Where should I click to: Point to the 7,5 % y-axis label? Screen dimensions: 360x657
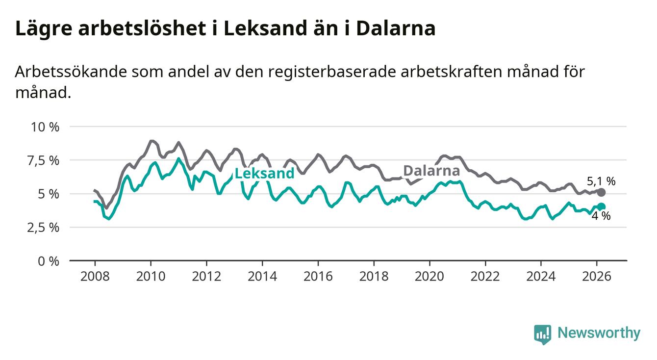point(44,160)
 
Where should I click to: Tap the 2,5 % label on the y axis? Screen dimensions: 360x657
point(44,228)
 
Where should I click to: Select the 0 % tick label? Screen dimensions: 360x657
point(50,261)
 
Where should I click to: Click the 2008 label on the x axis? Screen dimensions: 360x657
point(95,276)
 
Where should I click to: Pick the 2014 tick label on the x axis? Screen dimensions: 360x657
point(262,276)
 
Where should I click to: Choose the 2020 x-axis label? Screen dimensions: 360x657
point(430,276)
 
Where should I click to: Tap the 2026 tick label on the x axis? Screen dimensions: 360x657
point(597,276)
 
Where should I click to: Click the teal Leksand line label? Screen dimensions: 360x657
point(264,173)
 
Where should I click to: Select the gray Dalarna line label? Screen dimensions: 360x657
point(431,171)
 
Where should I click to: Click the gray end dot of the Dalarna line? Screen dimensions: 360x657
point(602,192)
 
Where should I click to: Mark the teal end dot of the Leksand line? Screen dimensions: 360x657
point(602,207)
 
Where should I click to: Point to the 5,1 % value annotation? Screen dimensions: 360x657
point(601,181)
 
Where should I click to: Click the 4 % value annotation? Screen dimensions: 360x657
point(601,216)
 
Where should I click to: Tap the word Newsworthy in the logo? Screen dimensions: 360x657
point(599,334)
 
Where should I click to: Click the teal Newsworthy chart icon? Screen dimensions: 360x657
point(542,334)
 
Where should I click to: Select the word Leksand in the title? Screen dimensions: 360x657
point(267,29)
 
